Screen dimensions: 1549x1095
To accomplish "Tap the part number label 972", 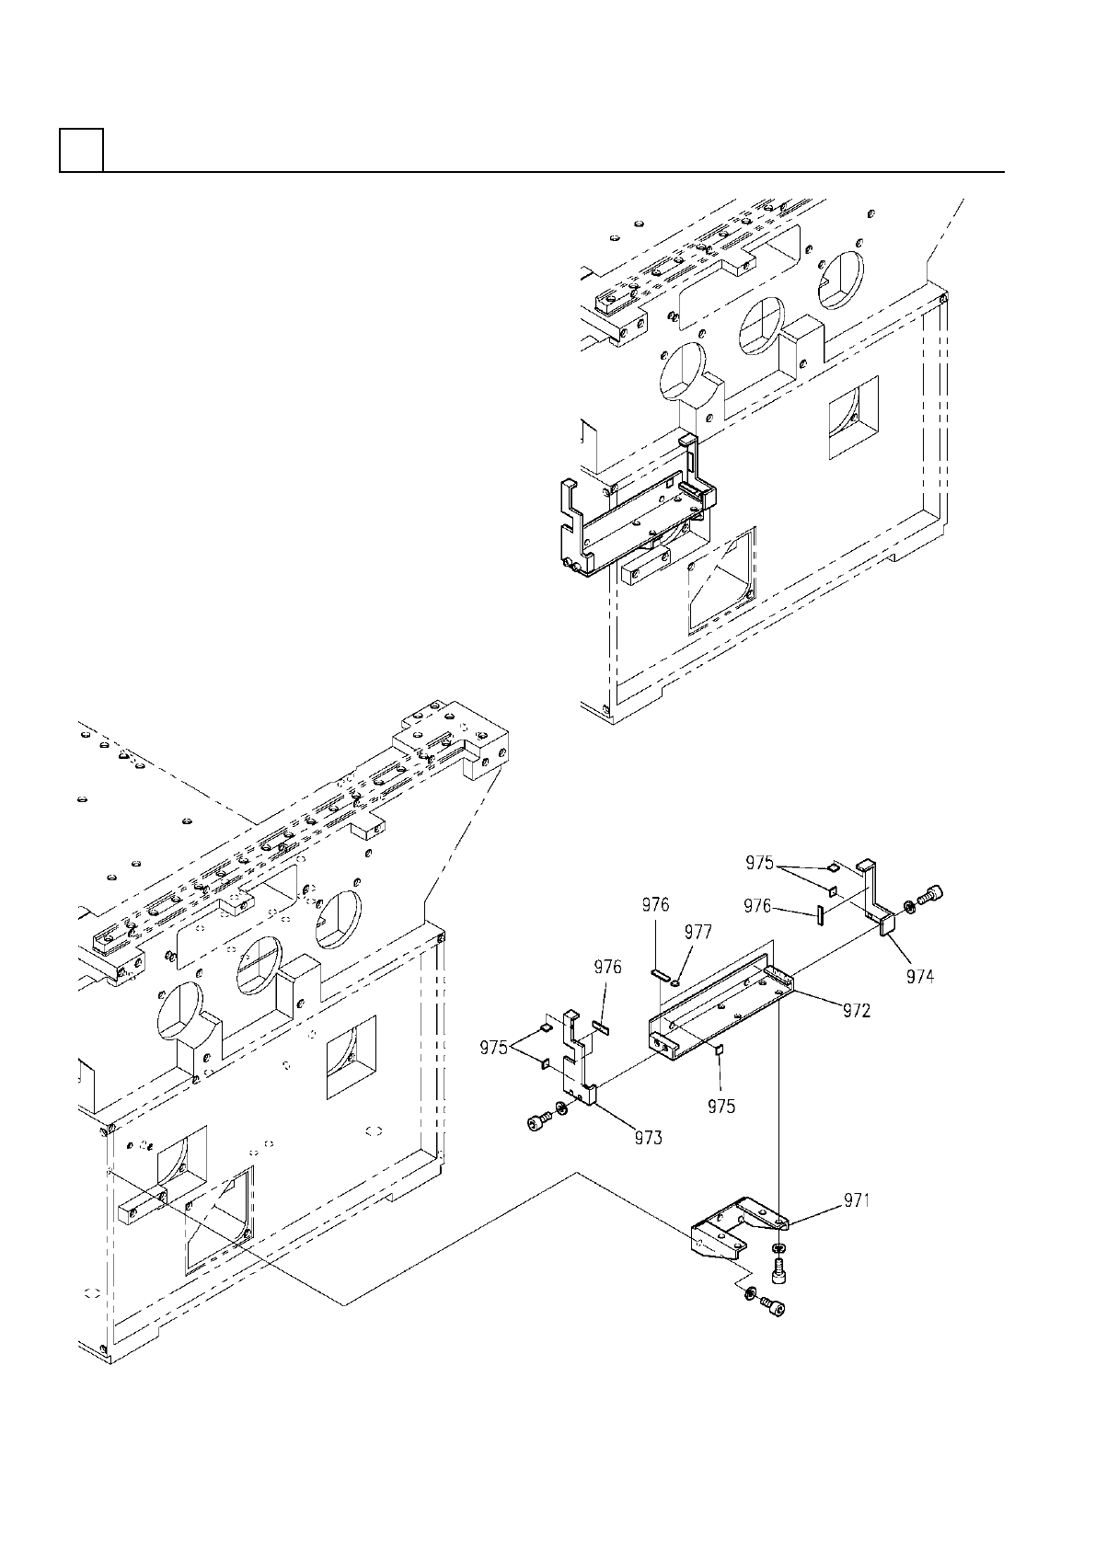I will pyautogui.click(x=858, y=1010).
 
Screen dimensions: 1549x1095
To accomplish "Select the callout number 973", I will pyautogui.click(x=648, y=1138).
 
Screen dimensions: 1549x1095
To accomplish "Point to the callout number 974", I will pyautogui.click(x=920, y=977).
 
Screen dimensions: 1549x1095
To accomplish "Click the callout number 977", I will pyautogui.click(x=698, y=932).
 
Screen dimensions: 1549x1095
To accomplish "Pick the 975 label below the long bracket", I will pyautogui.click(x=721, y=1106).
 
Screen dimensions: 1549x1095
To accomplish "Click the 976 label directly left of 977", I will pyautogui.click(x=656, y=905).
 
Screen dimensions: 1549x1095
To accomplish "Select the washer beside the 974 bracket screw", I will pyautogui.click(x=909, y=908).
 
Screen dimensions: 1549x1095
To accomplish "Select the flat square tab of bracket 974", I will pyautogui.click(x=888, y=923).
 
